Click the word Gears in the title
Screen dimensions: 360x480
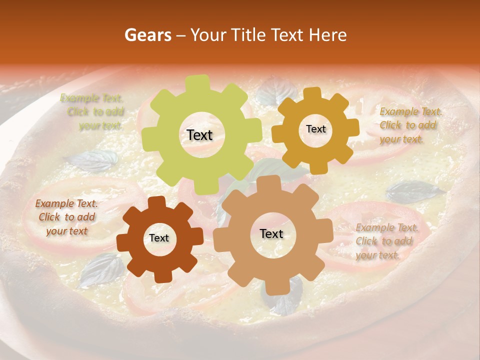click(x=147, y=35)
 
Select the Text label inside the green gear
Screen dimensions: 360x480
click(x=199, y=135)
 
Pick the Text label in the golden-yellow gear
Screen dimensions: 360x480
click(x=315, y=129)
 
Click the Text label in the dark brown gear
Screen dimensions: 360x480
click(x=159, y=238)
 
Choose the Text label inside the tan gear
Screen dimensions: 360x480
click(x=271, y=234)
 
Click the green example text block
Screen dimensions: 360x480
click(x=92, y=112)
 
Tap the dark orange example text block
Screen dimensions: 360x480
click(x=66, y=217)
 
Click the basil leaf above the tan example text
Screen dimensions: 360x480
click(x=414, y=191)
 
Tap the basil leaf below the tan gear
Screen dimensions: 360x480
click(x=285, y=300)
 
